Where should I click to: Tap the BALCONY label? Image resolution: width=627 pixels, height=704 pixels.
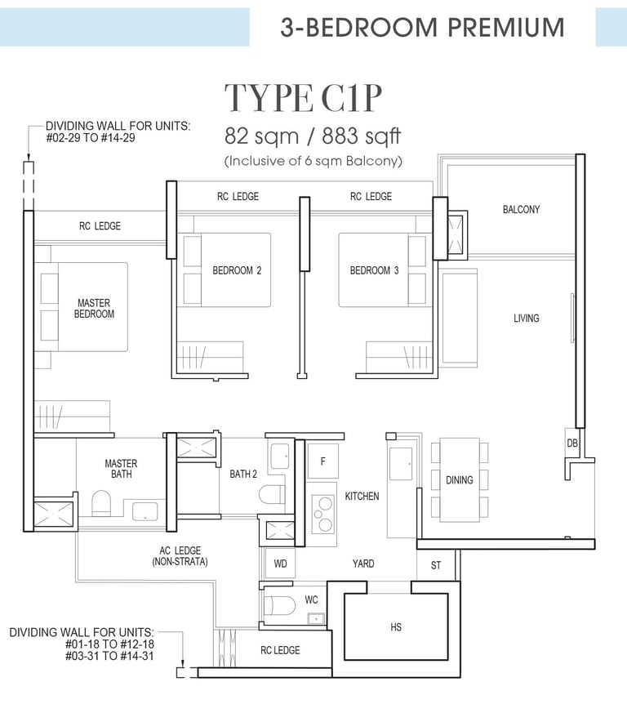pyautogui.click(x=521, y=209)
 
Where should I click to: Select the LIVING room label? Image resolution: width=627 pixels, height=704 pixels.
pyautogui.click(x=526, y=319)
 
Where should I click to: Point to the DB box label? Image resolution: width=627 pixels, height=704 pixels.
pyautogui.click(x=572, y=443)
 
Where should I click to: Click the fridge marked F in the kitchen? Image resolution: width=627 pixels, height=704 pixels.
pyautogui.click(x=322, y=461)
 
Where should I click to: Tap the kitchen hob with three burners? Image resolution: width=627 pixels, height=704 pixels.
pyautogui.click(x=322, y=512)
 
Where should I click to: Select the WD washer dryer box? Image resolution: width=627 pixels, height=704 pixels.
pyautogui.click(x=280, y=563)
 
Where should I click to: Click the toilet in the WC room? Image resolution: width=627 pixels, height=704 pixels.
pyautogui.click(x=279, y=606)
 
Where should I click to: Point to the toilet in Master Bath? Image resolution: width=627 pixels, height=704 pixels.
pyautogui.click(x=101, y=504)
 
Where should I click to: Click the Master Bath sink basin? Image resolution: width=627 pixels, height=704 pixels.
pyautogui.click(x=145, y=511)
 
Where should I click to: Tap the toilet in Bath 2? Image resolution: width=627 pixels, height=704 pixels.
pyautogui.click(x=272, y=494)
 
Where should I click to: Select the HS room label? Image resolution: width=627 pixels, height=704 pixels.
pyautogui.click(x=396, y=626)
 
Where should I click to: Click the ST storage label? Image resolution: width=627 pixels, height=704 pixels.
pyautogui.click(x=436, y=565)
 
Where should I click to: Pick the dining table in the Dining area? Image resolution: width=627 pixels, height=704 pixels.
pyautogui.click(x=459, y=479)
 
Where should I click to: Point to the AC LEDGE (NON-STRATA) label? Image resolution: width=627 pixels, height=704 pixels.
pyautogui.click(x=180, y=556)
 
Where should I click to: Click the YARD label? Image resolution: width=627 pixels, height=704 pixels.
pyautogui.click(x=363, y=564)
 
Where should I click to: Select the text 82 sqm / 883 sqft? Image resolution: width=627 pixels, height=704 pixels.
pyautogui.click(x=313, y=136)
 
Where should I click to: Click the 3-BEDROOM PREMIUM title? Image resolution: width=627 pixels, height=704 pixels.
pyautogui.click(x=422, y=27)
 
